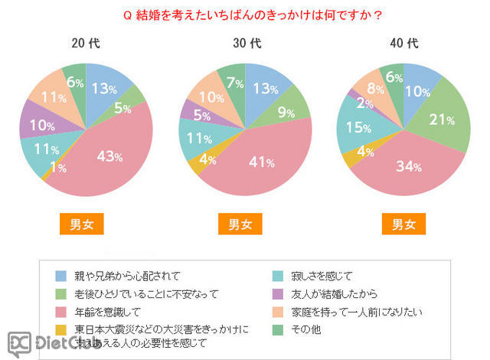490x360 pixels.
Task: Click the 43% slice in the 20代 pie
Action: [109, 156]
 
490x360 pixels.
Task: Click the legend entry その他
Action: [306, 330]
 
